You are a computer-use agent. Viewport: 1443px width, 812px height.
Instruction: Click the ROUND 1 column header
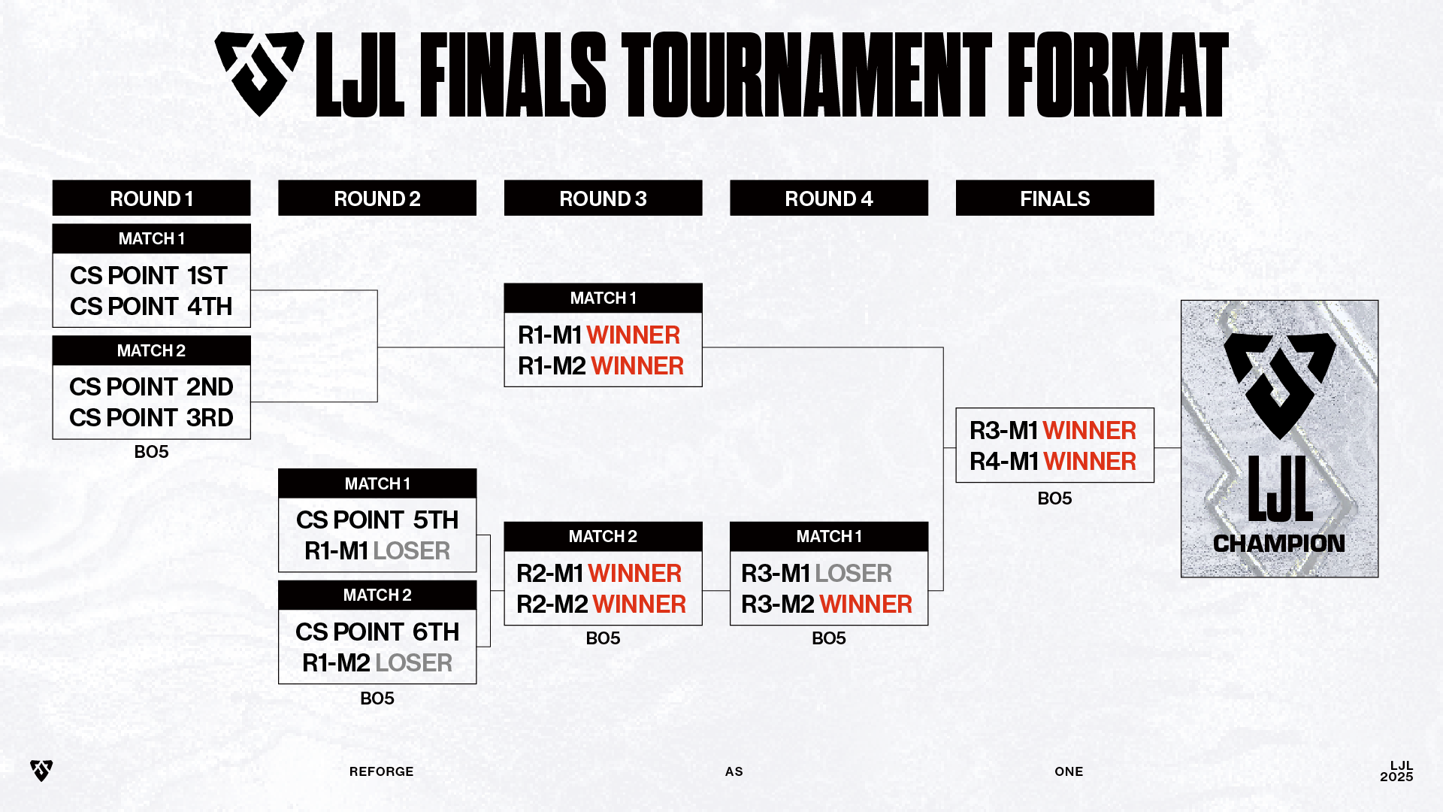click(x=151, y=198)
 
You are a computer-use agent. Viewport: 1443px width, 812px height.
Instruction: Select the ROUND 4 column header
click(x=829, y=198)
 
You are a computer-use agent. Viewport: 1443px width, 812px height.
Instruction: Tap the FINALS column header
click(x=1054, y=198)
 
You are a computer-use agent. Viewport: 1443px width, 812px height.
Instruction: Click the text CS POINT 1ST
click(x=149, y=276)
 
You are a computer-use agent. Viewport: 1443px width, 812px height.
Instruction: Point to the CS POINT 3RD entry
click(x=151, y=418)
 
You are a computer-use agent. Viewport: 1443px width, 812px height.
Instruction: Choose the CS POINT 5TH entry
click(x=377, y=520)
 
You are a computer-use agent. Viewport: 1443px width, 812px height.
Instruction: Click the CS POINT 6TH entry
click(x=377, y=632)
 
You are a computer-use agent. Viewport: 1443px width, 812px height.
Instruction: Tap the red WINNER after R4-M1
click(x=1090, y=462)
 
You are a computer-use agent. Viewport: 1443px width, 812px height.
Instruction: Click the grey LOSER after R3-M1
click(x=854, y=574)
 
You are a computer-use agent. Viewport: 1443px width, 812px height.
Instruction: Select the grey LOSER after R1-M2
click(x=414, y=663)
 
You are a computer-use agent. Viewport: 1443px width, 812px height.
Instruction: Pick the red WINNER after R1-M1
click(x=633, y=335)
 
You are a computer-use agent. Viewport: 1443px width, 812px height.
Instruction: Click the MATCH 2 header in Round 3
click(x=603, y=537)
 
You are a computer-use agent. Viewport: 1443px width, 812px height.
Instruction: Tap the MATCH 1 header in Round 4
click(x=829, y=537)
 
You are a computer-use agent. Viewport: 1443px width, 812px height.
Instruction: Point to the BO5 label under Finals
click(x=1054, y=498)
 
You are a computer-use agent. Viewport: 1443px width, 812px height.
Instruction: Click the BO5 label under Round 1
click(x=151, y=452)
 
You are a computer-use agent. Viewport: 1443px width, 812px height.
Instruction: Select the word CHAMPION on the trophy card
click(x=1279, y=544)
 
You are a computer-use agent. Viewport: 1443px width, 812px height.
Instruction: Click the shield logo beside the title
click(x=259, y=74)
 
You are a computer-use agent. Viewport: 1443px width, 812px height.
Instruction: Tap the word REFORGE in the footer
click(x=381, y=771)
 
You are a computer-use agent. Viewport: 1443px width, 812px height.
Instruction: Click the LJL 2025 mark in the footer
click(x=1396, y=771)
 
